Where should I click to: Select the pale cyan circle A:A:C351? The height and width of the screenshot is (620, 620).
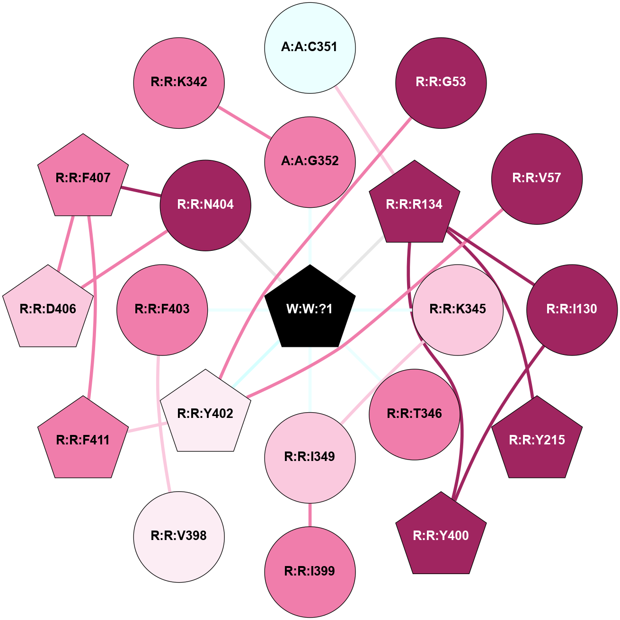point(310,48)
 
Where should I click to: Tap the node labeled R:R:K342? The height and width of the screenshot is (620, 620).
point(179,83)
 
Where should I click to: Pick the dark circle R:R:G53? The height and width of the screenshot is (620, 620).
point(441,83)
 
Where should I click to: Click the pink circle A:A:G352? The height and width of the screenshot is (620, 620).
point(310,162)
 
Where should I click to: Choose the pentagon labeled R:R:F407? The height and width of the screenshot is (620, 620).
point(83,177)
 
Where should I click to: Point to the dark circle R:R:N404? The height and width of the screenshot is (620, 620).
point(205,205)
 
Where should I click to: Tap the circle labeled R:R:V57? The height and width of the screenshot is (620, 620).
point(537,179)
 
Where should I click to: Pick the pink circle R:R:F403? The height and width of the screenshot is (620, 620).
point(162,310)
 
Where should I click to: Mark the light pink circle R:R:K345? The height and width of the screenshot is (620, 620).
point(458,310)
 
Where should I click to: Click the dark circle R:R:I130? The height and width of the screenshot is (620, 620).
point(572,310)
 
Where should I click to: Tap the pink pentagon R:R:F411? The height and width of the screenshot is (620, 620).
point(83,439)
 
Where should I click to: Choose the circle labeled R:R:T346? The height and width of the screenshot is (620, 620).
point(415,415)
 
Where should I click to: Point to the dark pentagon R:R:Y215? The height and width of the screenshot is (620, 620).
point(537,439)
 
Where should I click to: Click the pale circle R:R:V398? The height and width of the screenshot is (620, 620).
point(179,537)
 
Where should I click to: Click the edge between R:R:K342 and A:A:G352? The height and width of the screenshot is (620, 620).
point(244,122)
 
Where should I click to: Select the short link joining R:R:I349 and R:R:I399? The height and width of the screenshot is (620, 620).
point(310,515)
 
